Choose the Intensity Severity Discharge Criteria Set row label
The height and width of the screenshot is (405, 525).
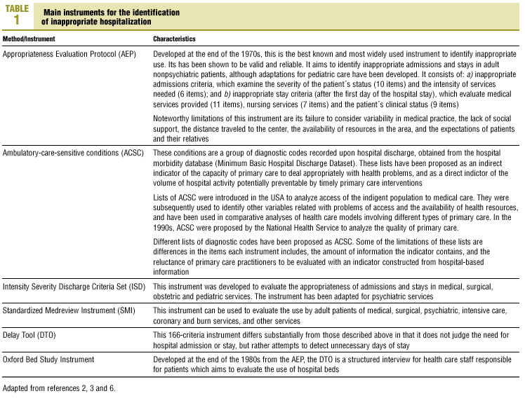[x=74, y=287]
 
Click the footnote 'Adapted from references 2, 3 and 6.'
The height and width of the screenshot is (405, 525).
[x=58, y=387]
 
